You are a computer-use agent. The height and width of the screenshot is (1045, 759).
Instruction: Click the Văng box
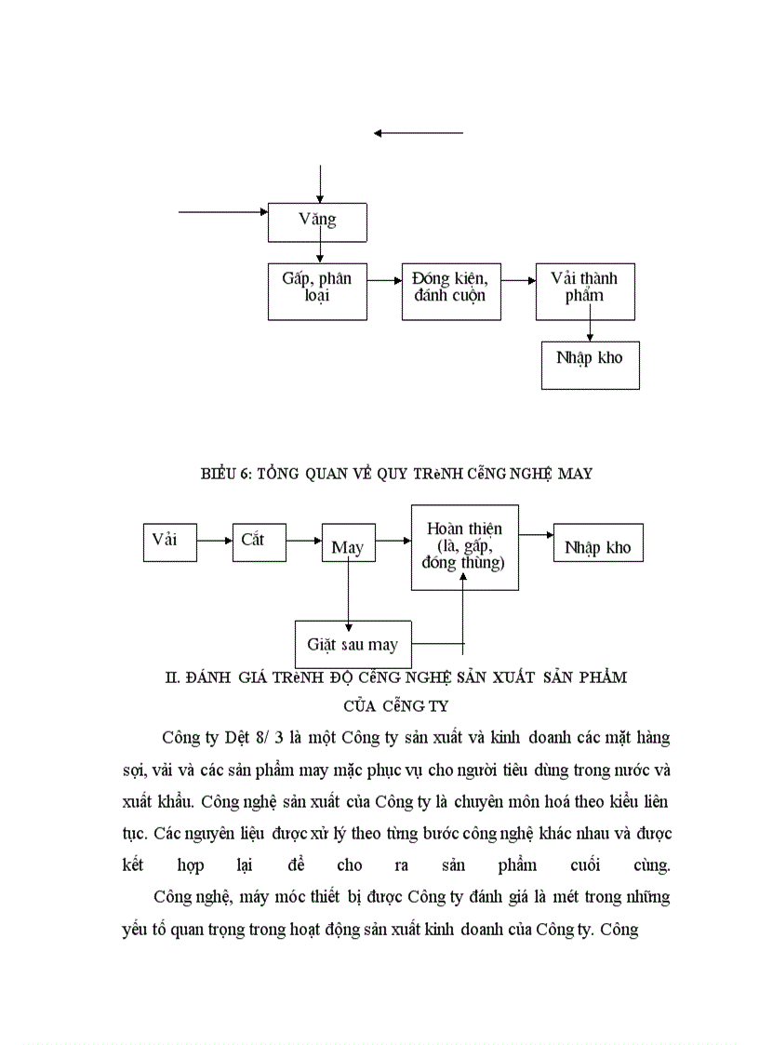tap(317, 221)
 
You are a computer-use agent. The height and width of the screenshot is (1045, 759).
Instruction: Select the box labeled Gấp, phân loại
tap(317, 291)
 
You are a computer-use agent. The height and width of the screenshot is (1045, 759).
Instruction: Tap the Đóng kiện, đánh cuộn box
tap(451, 291)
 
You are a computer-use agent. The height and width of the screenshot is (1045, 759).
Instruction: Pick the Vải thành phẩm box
tap(585, 291)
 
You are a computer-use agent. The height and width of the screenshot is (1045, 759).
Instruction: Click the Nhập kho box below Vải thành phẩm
tap(590, 364)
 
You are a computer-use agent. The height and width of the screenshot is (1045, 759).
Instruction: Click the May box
tap(347, 546)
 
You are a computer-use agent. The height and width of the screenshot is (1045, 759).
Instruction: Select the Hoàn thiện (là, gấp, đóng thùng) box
tap(464, 547)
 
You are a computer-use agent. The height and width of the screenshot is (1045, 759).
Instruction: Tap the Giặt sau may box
tap(353, 644)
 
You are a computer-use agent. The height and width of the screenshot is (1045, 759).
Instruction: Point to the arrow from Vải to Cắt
tap(215, 540)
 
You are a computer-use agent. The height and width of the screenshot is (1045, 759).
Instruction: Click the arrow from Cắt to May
tap(303, 540)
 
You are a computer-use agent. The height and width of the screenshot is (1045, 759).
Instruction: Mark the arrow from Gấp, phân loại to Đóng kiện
tap(384, 278)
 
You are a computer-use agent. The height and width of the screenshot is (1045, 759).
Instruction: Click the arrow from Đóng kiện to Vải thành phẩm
tap(518, 278)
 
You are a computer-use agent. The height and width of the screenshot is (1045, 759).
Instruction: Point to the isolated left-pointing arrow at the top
tap(418, 133)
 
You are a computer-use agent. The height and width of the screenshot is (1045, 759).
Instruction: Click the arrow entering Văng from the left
tap(223, 212)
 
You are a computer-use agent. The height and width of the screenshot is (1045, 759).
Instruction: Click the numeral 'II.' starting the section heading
tap(171, 677)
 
